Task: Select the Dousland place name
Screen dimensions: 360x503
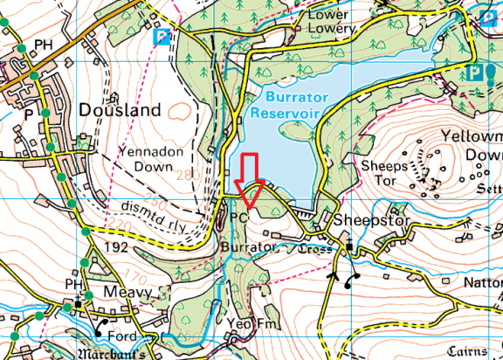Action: [x=120, y=110]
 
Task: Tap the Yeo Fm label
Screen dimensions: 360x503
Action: [x=251, y=324]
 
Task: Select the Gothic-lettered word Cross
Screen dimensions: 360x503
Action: [x=312, y=249]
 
